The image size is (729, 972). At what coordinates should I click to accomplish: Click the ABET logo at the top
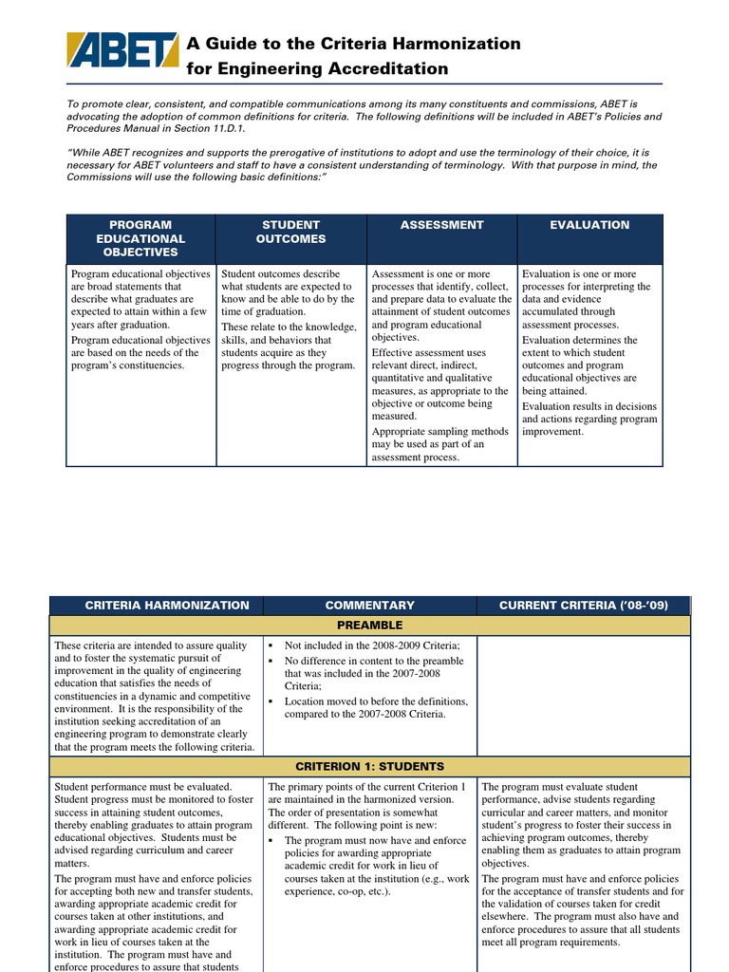pos(121,50)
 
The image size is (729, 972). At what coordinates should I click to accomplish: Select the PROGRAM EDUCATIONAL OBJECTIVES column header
pos(141,238)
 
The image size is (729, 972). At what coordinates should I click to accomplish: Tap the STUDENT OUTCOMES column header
pos(290,232)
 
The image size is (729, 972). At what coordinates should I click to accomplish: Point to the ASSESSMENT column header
pos(441,225)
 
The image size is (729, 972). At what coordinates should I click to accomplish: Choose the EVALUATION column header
pos(589,225)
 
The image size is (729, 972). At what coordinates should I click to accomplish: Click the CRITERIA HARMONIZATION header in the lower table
pos(167,605)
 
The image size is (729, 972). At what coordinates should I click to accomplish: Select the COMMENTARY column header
pos(369,605)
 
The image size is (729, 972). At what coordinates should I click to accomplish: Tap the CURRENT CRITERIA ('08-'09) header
pos(584,605)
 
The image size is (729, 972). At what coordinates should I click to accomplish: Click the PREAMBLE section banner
pos(369,626)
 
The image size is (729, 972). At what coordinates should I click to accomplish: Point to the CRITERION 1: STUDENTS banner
pos(369,766)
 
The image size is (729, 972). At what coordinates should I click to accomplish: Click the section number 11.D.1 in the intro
pos(219,128)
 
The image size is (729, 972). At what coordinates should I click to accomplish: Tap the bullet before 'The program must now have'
pos(272,841)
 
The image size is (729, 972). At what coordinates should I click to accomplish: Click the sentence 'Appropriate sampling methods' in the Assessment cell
pos(439,431)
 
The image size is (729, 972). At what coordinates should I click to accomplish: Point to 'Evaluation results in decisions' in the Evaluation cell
pos(589,406)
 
